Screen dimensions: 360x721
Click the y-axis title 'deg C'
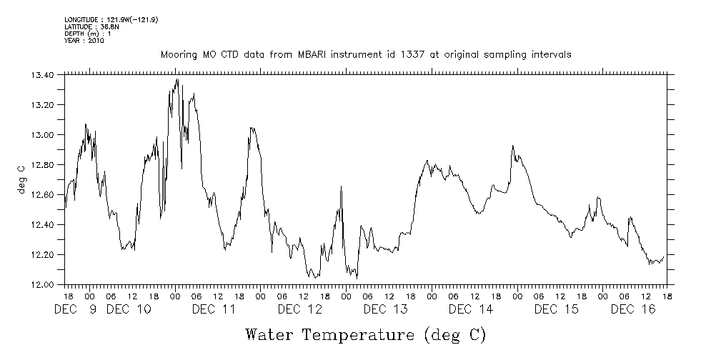click(x=21, y=179)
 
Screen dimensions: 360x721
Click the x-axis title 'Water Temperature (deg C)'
click(x=365, y=334)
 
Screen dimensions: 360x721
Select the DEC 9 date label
click(x=77, y=309)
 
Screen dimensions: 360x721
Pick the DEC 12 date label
click(x=300, y=309)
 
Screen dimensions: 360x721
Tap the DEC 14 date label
click(x=472, y=309)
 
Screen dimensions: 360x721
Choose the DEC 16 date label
click(x=633, y=309)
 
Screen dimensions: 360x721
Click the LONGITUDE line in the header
click(x=111, y=19)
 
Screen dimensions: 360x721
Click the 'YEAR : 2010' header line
click(x=85, y=41)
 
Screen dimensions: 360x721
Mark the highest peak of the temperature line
click(x=176, y=79)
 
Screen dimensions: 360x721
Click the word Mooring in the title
click(x=179, y=55)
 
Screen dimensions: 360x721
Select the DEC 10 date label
click(x=129, y=309)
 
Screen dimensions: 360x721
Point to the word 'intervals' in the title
click(x=552, y=55)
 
